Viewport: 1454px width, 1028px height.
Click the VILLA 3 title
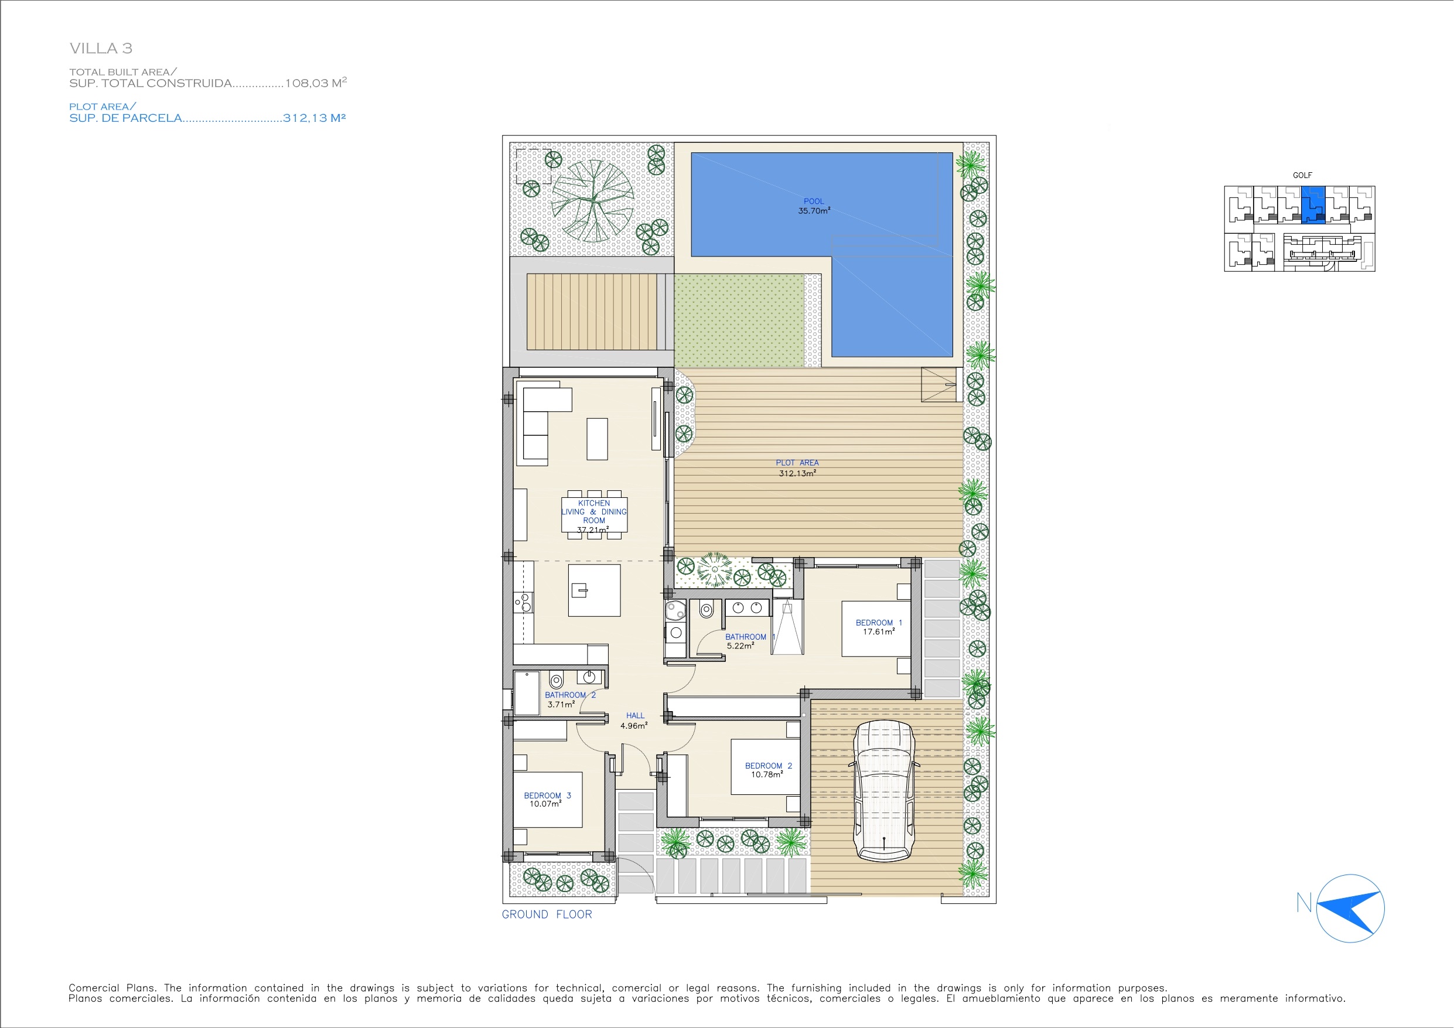(101, 48)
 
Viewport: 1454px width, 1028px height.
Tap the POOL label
(814, 201)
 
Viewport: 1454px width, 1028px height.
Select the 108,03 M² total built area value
(316, 83)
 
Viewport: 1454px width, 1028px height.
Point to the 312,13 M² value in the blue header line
(314, 118)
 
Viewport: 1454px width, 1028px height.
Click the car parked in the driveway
(884, 791)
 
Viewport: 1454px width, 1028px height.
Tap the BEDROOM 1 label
(878, 623)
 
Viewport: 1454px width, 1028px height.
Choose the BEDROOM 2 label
(768, 766)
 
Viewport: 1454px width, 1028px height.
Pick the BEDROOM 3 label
(547, 795)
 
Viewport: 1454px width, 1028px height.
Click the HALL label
(635, 716)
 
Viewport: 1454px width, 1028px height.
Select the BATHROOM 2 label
(570, 695)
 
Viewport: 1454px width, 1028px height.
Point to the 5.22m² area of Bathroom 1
(740, 646)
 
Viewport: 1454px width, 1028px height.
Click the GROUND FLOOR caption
(547, 914)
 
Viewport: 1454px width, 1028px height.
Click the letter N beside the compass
(1304, 903)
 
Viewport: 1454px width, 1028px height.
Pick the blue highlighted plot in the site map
(1313, 204)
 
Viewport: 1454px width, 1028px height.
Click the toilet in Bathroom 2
(556, 681)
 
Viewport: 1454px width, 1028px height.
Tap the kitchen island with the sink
(594, 590)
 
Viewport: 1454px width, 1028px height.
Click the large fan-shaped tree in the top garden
(593, 201)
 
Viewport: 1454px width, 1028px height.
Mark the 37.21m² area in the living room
(593, 530)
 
